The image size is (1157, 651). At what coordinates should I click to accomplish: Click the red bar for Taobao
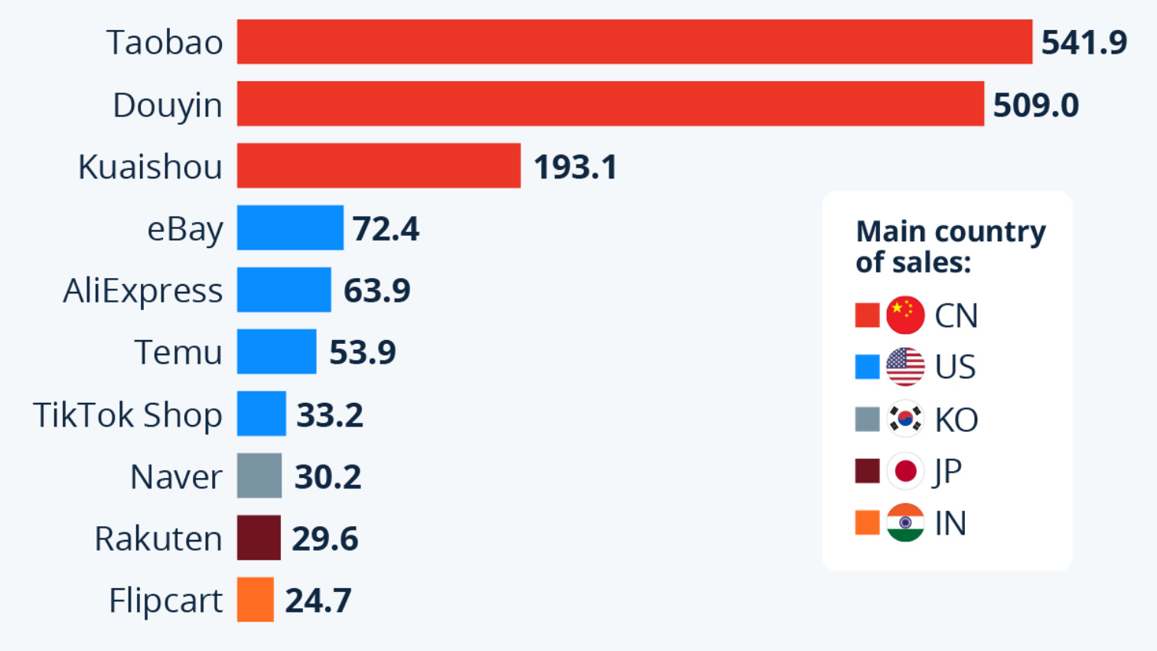click(x=634, y=42)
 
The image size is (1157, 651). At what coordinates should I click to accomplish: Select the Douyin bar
click(x=610, y=104)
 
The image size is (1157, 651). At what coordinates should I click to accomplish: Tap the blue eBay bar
click(x=290, y=228)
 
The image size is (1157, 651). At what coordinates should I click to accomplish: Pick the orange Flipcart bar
click(x=255, y=600)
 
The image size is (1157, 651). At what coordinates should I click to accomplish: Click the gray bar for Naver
click(x=259, y=476)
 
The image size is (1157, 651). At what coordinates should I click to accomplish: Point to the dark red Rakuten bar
click(x=259, y=538)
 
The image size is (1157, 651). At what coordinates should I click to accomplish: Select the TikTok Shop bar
click(x=261, y=414)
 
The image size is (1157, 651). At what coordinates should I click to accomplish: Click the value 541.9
click(x=1084, y=43)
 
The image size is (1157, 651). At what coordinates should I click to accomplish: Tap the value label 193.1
click(x=575, y=167)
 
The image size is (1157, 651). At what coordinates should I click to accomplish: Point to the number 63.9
click(x=376, y=290)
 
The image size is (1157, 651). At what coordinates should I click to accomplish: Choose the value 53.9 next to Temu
click(x=362, y=352)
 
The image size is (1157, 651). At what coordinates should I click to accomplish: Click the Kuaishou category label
click(x=150, y=167)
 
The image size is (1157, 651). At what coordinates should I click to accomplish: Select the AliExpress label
click(x=143, y=291)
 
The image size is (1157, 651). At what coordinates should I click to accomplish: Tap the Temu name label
click(x=178, y=353)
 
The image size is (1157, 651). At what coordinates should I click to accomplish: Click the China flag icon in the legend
click(x=905, y=315)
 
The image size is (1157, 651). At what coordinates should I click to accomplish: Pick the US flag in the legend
click(x=905, y=367)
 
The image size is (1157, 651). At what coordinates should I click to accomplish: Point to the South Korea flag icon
click(x=905, y=419)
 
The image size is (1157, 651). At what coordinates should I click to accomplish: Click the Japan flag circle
click(x=905, y=471)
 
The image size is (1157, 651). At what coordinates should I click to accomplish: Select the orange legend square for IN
click(x=867, y=523)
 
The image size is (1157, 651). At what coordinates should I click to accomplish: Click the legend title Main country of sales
click(x=950, y=246)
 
